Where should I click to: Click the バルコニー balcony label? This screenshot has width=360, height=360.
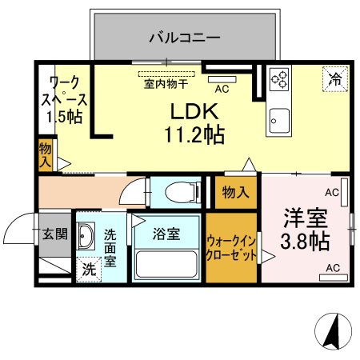(x=185, y=38)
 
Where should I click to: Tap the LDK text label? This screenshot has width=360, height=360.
(x=194, y=111)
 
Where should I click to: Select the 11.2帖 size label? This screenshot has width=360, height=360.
(x=194, y=135)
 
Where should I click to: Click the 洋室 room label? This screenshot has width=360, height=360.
(x=306, y=218)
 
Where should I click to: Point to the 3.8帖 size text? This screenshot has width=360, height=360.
(x=305, y=242)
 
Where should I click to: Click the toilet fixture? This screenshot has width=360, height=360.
(x=183, y=191)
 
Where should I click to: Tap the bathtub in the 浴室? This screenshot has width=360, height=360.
(x=166, y=264)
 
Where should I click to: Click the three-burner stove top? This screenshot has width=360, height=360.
(x=279, y=79)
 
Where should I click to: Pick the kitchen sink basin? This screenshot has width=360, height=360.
(x=279, y=121)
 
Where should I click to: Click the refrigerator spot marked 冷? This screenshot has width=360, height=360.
(x=335, y=79)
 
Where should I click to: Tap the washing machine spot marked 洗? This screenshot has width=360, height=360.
(x=89, y=270)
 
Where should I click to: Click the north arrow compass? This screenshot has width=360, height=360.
(x=333, y=331)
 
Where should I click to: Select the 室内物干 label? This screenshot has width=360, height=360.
(x=166, y=84)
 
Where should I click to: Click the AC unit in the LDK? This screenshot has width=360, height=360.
(x=222, y=79)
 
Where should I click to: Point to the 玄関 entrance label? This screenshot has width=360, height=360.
(x=55, y=234)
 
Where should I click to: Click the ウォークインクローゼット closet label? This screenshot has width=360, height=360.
(x=231, y=248)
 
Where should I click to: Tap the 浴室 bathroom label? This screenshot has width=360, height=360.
(x=166, y=234)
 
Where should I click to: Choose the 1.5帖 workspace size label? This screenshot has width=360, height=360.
(x=64, y=117)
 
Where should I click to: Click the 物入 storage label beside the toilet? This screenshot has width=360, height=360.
(x=236, y=192)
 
